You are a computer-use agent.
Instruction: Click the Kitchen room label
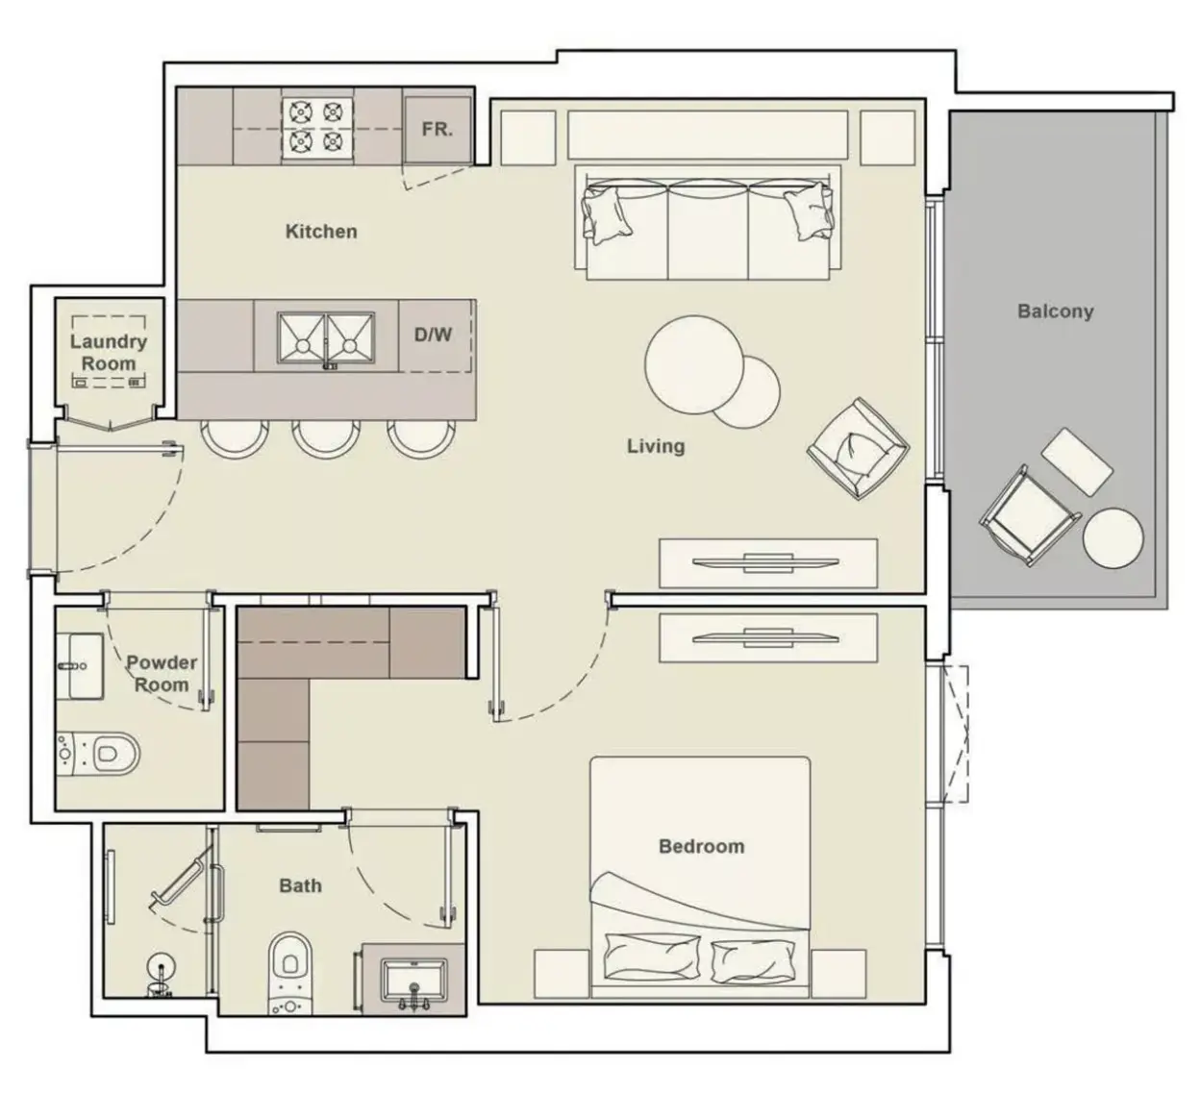tap(321, 232)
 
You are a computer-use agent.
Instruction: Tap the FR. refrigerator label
tap(438, 130)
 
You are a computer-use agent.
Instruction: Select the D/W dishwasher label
tap(433, 335)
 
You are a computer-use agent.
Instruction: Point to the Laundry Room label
tap(109, 352)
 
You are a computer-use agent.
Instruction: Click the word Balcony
tap(1056, 311)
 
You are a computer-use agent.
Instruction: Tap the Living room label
tap(656, 446)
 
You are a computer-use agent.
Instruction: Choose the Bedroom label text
tap(702, 846)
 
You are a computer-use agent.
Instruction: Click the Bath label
tap(300, 885)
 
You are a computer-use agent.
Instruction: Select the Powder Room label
tap(162, 674)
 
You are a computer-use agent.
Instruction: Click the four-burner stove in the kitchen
tap(317, 127)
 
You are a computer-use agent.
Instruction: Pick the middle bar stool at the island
tap(326, 439)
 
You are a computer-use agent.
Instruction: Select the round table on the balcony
tap(1113, 537)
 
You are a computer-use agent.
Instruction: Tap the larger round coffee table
tap(694, 364)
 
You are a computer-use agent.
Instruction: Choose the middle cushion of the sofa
tap(709, 231)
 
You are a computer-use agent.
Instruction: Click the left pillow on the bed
tap(652, 957)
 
